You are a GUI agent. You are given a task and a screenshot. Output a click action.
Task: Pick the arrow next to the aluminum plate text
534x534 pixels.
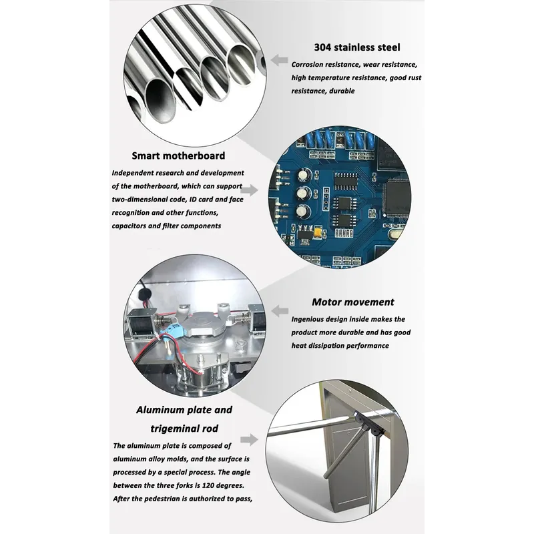249,439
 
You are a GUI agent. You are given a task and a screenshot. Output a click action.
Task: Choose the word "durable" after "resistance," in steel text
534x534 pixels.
341,91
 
